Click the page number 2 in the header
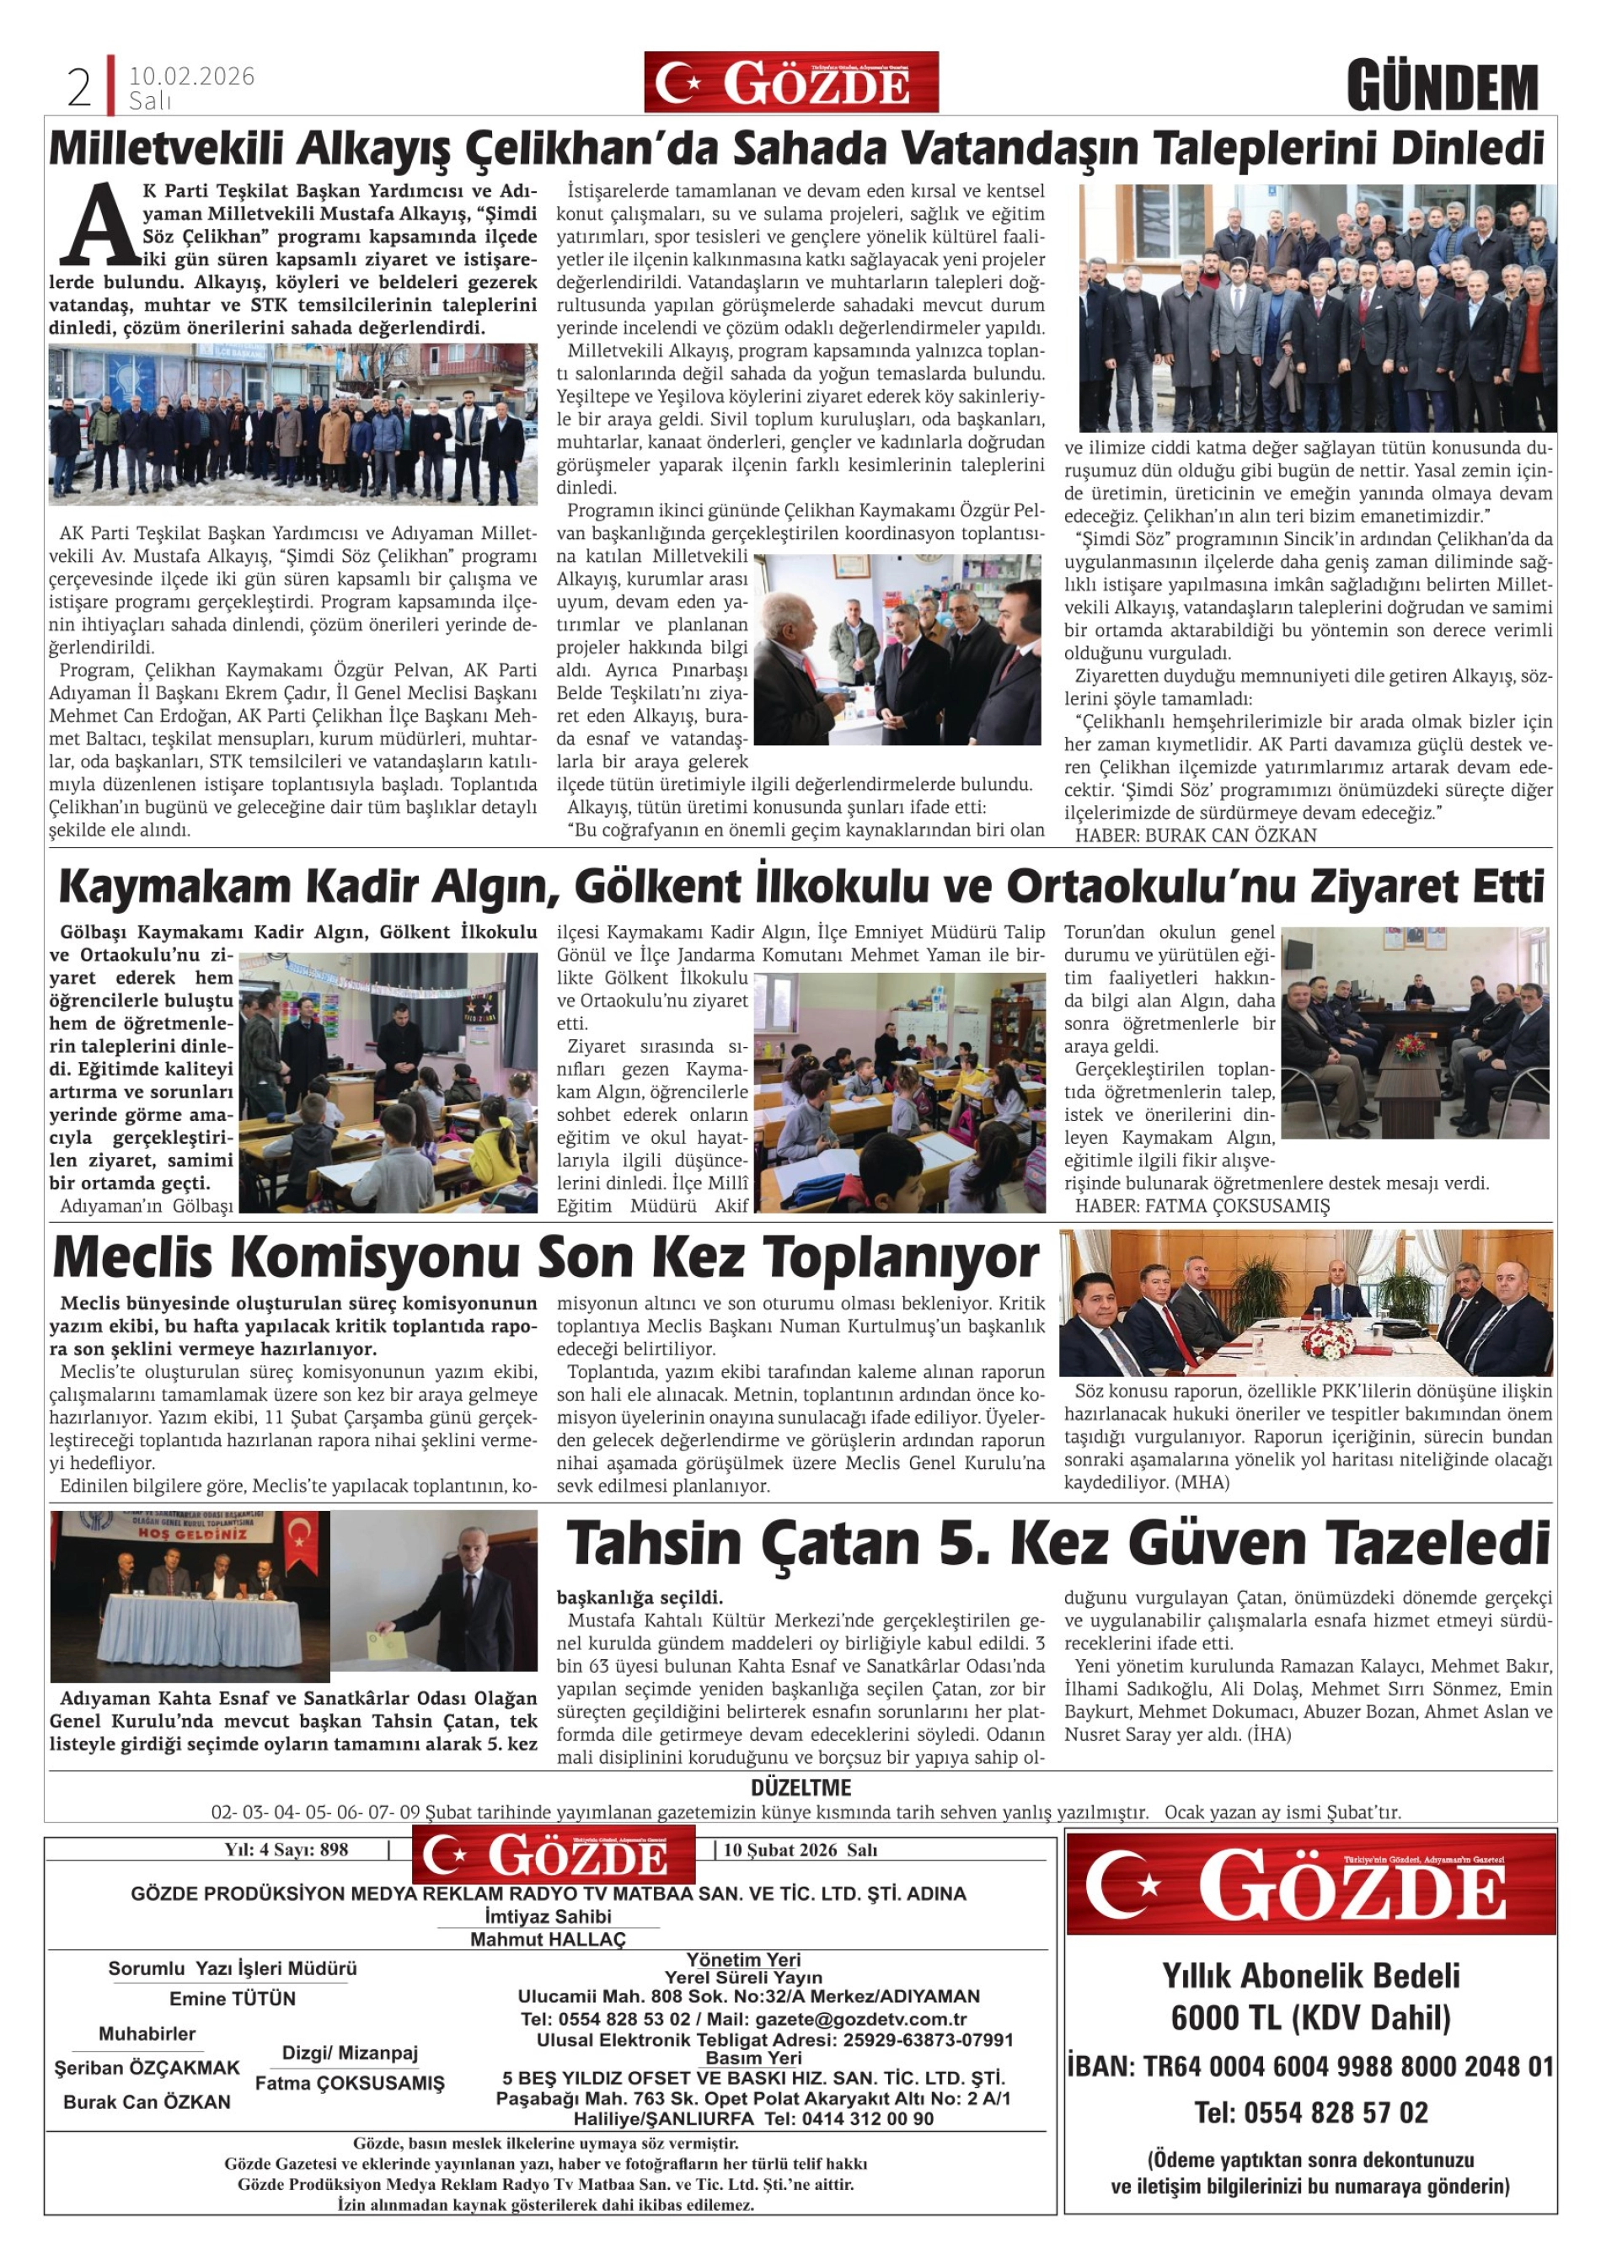click(x=79, y=88)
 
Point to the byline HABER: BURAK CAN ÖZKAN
click(x=1195, y=836)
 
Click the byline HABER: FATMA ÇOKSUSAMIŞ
click(x=1202, y=1206)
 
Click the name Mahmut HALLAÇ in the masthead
click(x=548, y=1939)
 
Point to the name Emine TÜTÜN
click(x=232, y=1999)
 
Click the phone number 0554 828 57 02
click(x=1311, y=2112)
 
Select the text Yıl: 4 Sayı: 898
click(x=286, y=1850)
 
